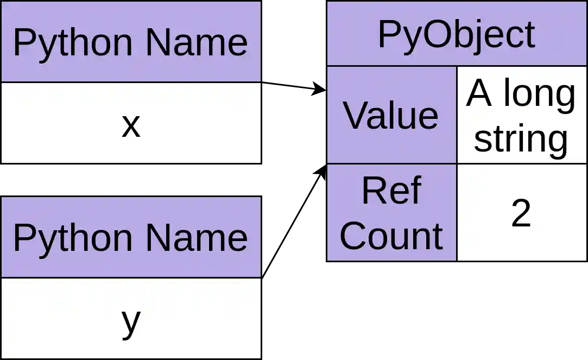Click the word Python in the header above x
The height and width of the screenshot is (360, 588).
(x=72, y=43)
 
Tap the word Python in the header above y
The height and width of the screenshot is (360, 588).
(x=72, y=239)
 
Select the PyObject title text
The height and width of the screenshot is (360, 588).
(x=456, y=35)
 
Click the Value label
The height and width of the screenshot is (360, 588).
(x=391, y=116)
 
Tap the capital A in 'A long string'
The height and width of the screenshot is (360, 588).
(x=478, y=94)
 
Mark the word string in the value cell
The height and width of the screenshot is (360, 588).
(x=521, y=139)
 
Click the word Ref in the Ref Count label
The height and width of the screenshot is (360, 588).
(x=391, y=191)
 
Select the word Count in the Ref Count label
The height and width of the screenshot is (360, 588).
(x=391, y=236)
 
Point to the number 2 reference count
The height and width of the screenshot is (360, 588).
(x=521, y=213)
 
